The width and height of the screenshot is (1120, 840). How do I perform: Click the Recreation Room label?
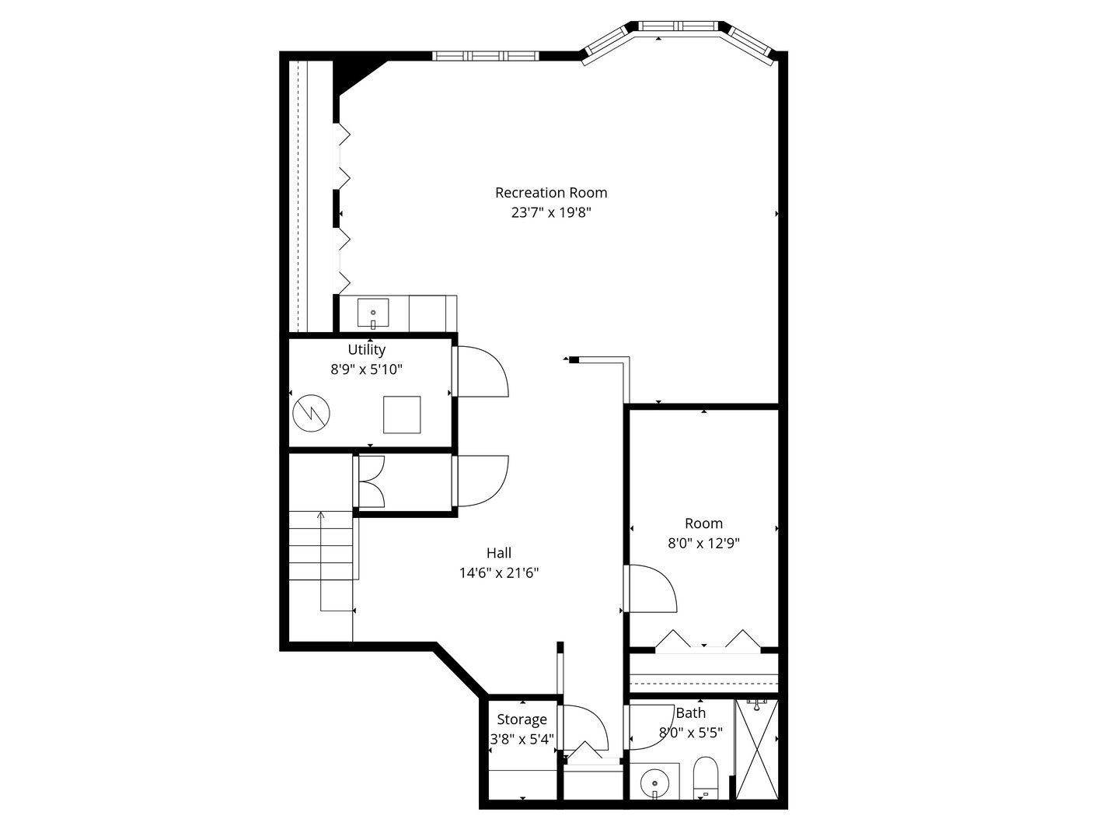point(551,193)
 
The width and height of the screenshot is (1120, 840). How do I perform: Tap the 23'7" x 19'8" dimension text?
point(551,213)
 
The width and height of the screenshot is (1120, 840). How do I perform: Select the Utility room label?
point(366,350)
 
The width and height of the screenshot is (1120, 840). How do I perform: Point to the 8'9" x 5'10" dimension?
point(366,369)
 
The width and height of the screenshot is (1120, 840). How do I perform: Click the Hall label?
point(499,553)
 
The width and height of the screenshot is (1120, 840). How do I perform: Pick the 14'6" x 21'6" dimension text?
point(499,573)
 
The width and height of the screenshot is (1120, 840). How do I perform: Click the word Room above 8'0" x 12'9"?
point(703,523)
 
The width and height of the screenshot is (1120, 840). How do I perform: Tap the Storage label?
point(522,719)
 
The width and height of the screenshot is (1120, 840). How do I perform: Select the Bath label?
point(691,713)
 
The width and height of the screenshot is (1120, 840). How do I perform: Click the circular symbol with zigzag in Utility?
point(311,414)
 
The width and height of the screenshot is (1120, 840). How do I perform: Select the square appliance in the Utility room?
point(402,415)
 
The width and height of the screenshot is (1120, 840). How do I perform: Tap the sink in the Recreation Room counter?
point(373,314)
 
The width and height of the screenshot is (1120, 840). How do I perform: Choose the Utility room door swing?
point(482,372)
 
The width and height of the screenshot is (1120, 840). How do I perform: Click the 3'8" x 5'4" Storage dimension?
point(522,739)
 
